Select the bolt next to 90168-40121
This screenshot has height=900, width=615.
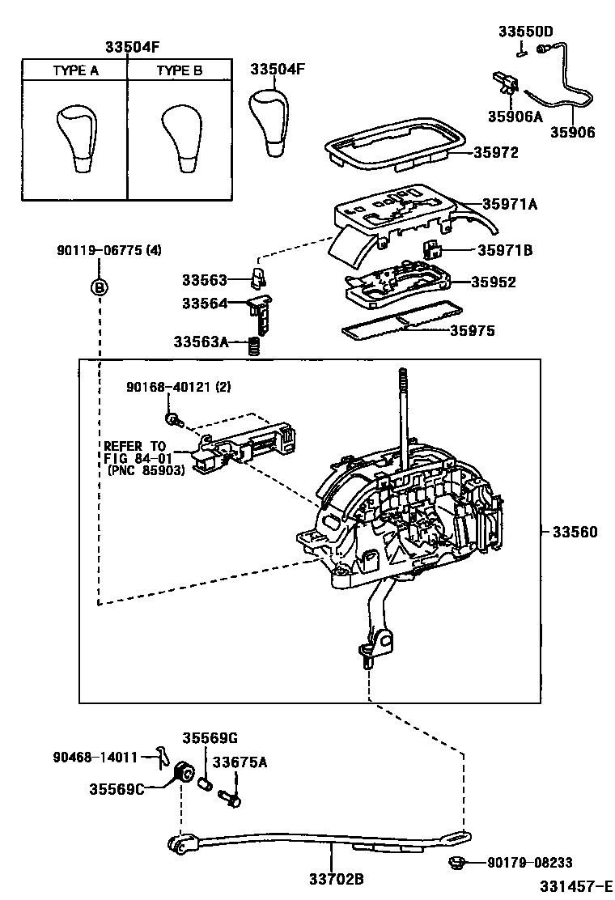pyautogui.click(x=173, y=419)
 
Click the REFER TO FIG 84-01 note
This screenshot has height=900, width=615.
pyautogui.click(x=142, y=457)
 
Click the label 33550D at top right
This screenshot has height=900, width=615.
pyautogui.click(x=525, y=32)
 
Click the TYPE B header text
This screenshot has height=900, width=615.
pyautogui.click(x=179, y=70)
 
